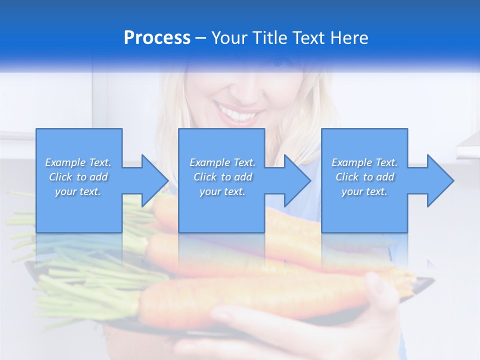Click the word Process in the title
(157, 38)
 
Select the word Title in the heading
(269, 38)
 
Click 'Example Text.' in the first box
(78, 162)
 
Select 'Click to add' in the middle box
(222, 177)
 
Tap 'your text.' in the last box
(364, 191)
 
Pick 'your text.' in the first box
(78, 191)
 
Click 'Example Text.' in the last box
(364, 162)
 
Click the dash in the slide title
(201, 38)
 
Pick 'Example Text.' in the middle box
(222, 162)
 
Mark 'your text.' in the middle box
(222, 191)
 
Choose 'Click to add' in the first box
(78, 177)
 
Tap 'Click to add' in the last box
(364, 177)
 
